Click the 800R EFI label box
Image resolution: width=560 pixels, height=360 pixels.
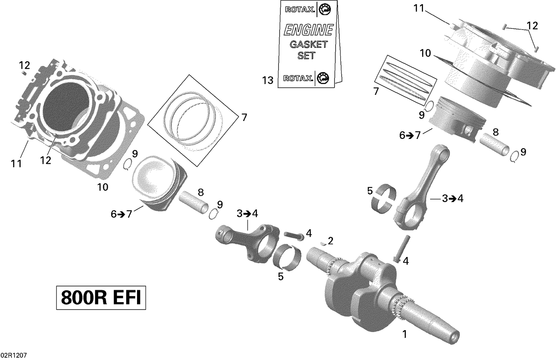(x=101, y=298)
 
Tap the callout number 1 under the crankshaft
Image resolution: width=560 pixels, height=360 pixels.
(x=404, y=334)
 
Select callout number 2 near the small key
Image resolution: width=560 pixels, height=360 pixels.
(x=330, y=241)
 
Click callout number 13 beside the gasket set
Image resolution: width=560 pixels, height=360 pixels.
(x=268, y=80)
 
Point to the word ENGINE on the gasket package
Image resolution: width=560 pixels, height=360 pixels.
(x=308, y=30)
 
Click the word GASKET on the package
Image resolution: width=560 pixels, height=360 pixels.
(x=308, y=44)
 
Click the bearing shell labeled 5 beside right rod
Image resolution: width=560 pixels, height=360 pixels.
(x=385, y=198)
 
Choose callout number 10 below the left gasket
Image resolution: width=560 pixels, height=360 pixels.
(x=103, y=187)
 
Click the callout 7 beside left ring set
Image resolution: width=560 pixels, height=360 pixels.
(x=244, y=118)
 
